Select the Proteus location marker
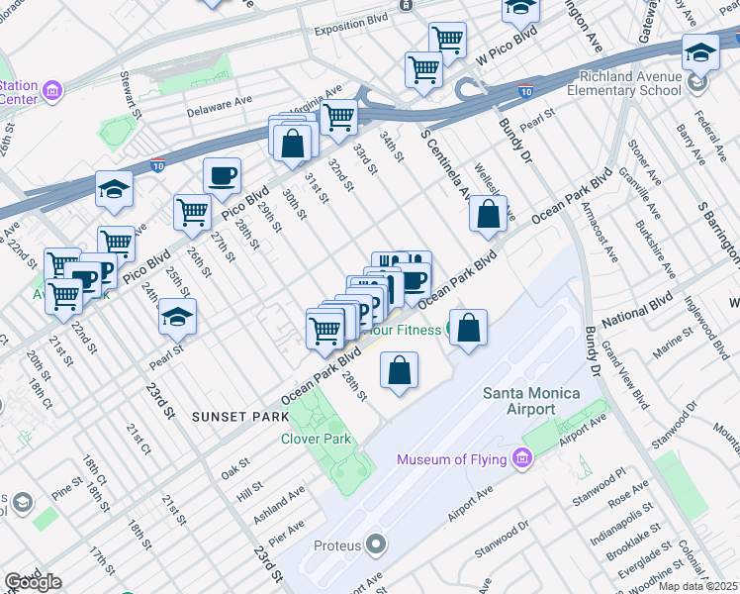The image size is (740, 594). point(376,544)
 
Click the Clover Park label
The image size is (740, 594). point(317,439)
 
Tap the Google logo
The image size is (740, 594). point(33,582)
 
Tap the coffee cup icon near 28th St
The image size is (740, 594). point(222,175)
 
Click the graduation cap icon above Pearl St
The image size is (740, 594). point(178,317)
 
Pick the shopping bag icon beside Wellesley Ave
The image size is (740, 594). point(489,214)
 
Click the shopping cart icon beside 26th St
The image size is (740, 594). point(192,211)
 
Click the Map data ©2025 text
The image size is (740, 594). point(698,586)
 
